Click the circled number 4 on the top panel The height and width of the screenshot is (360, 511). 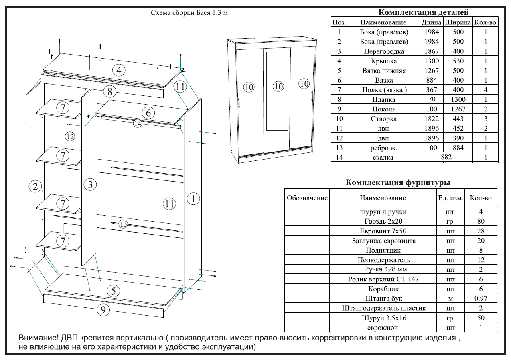[x=119, y=71]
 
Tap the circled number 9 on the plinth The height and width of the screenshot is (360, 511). [x=103, y=309]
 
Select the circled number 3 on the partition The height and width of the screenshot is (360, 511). [x=91, y=185]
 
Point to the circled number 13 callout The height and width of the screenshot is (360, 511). [x=123, y=224]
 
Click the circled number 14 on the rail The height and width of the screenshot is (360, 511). [x=138, y=124]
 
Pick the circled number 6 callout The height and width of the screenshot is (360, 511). [x=148, y=113]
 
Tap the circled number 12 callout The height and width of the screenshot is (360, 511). [x=70, y=136]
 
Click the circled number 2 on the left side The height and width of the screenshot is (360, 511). [x=36, y=186]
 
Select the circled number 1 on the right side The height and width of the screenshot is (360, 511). [x=193, y=198]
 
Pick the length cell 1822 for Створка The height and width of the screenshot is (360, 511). [x=431, y=119]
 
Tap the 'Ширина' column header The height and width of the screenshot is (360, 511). [x=458, y=22]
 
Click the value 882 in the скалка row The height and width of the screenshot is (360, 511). [x=446, y=157]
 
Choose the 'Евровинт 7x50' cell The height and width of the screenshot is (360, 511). [x=383, y=231]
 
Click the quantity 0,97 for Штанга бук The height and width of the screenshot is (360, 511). [x=481, y=299]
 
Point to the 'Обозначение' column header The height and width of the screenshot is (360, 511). [x=307, y=198]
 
